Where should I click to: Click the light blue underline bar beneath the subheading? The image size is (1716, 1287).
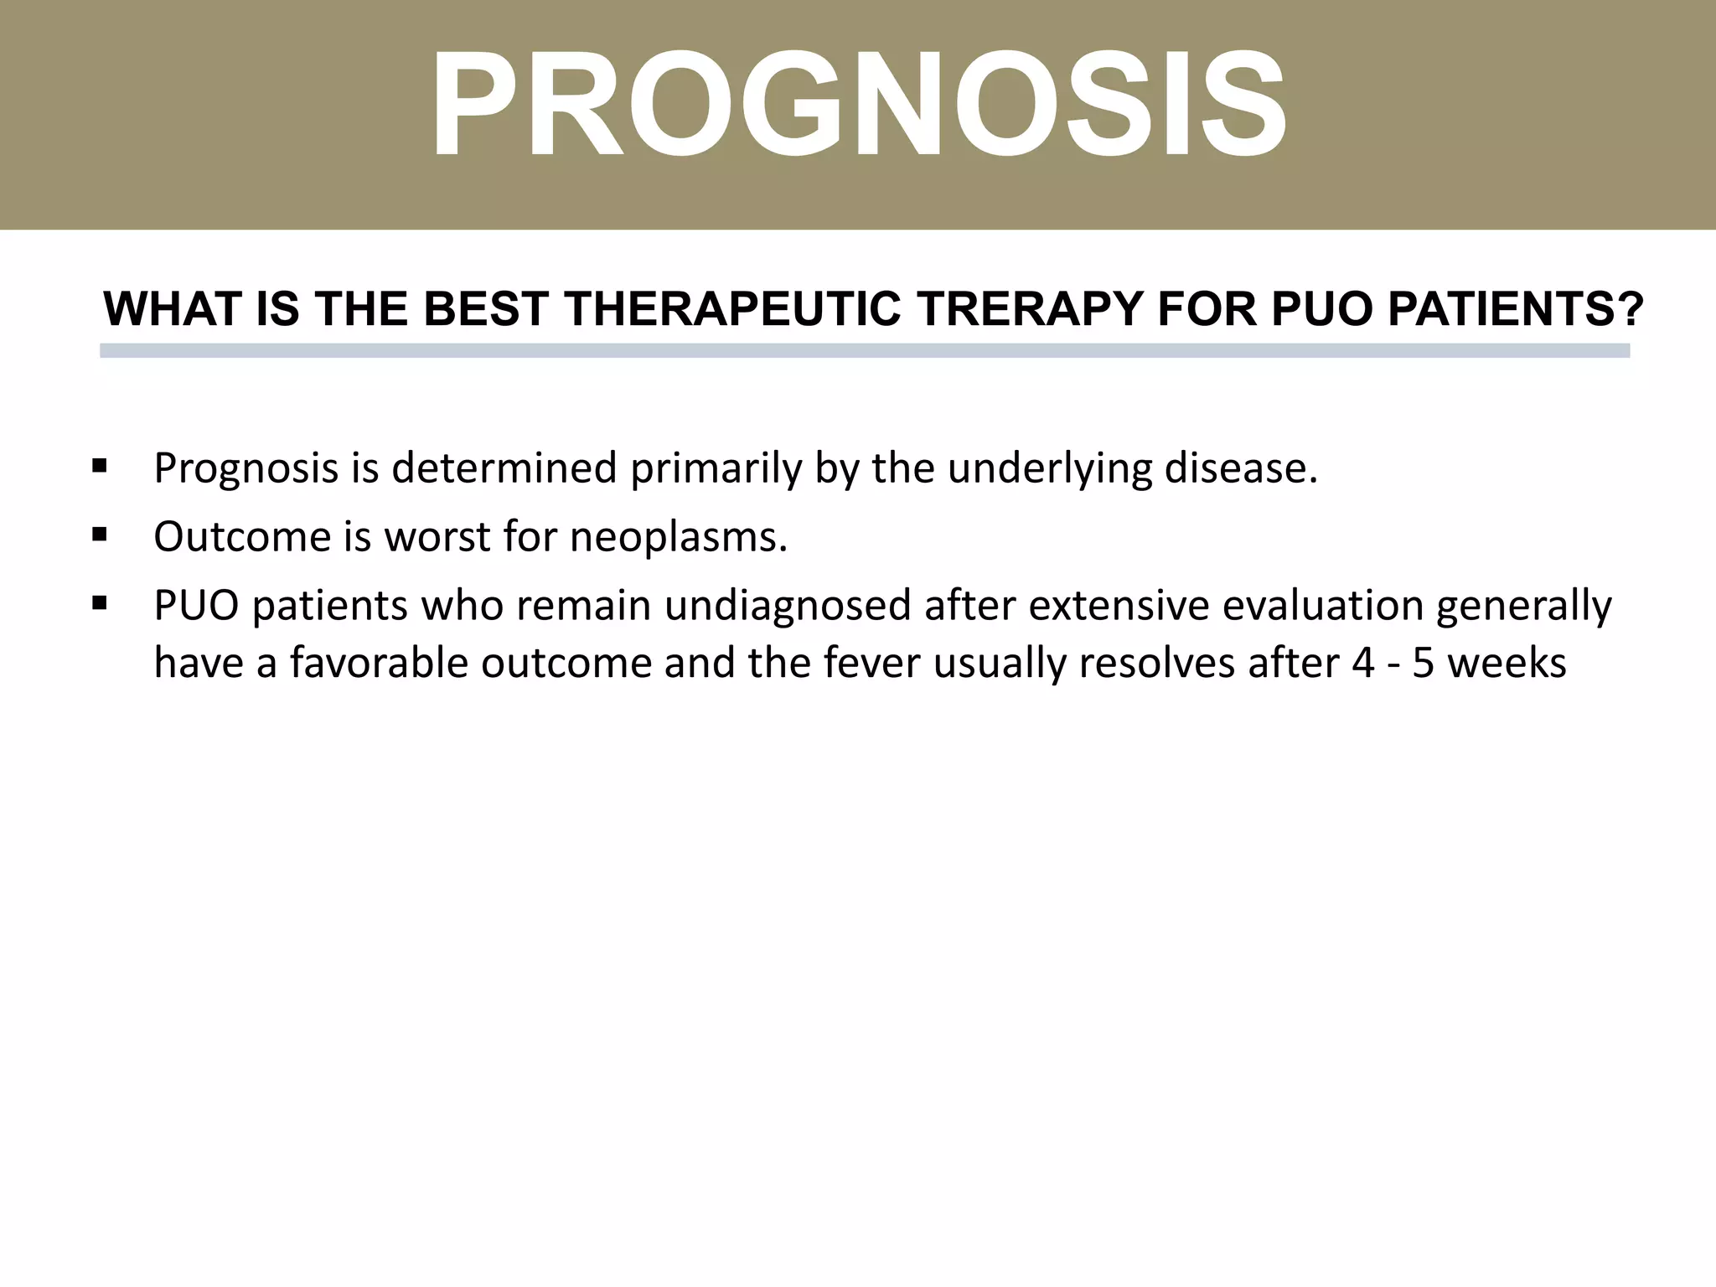(865, 350)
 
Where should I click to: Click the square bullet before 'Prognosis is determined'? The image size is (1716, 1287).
(100, 466)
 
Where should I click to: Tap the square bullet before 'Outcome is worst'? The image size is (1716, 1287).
(100, 535)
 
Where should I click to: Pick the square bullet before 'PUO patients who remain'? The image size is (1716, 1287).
(100, 602)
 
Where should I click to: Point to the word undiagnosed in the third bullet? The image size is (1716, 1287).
(787, 606)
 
